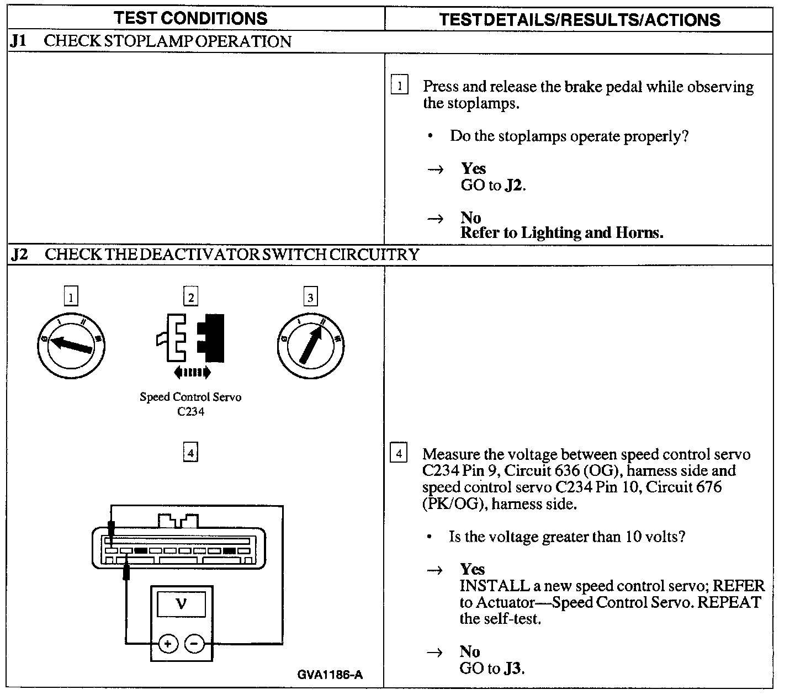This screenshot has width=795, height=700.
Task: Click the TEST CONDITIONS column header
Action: [x=190, y=18]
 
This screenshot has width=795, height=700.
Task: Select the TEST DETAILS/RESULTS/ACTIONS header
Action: [x=580, y=20]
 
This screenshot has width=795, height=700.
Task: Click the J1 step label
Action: [x=19, y=41]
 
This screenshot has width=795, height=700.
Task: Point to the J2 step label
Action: [x=20, y=254]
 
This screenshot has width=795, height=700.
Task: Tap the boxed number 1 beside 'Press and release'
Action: [x=399, y=86]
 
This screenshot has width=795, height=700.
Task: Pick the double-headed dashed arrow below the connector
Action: [x=192, y=373]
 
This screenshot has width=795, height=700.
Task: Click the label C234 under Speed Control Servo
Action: [x=190, y=412]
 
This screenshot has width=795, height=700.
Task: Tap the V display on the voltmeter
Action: [x=182, y=603]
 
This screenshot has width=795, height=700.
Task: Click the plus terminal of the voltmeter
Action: [x=168, y=644]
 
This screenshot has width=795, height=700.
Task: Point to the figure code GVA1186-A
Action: [x=330, y=675]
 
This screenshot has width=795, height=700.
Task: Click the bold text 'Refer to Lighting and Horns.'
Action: [x=561, y=233]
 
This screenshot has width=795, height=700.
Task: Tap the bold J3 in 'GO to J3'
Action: [x=513, y=669]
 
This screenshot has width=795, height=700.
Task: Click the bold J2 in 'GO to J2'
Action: [x=513, y=185]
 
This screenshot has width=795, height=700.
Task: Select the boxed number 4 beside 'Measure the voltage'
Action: [x=398, y=454]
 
